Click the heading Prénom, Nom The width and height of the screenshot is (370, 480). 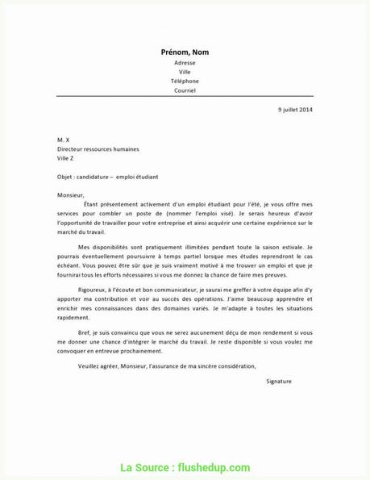[x=185, y=52]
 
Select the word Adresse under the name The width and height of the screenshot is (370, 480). [x=185, y=63]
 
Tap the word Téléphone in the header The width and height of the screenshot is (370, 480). [x=185, y=81]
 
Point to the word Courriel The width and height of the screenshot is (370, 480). [x=185, y=90]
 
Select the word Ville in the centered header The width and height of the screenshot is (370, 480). [x=185, y=72]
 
